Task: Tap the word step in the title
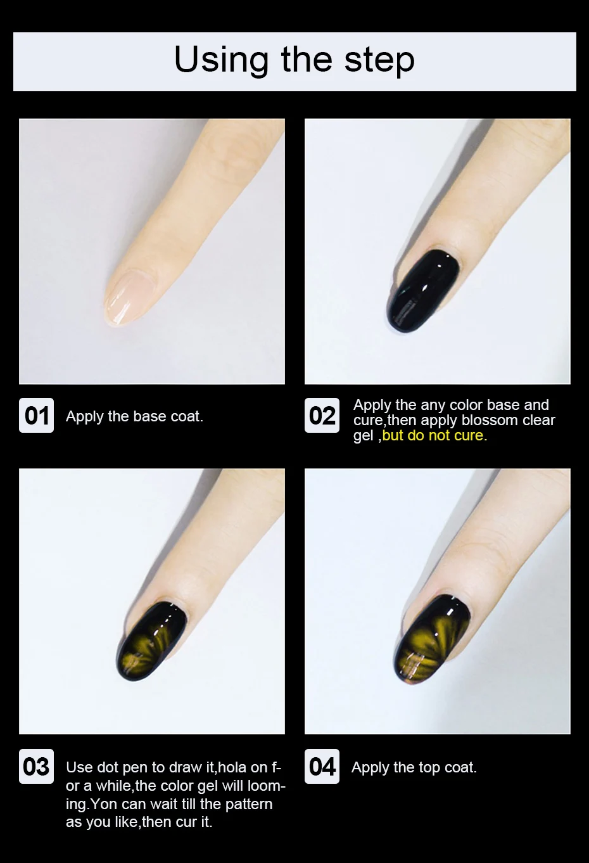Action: [x=379, y=61]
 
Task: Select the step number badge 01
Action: [x=37, y=416]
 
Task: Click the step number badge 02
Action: [x=322, y=416]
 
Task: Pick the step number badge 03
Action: [x=36, y=767]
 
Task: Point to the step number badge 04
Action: [x=322, y=767]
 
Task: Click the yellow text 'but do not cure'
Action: [x=433, y=435]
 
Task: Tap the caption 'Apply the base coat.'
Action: [x=134, y=416]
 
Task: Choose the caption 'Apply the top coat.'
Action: [x=414, y=767]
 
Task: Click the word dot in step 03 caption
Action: [x=109, y=767]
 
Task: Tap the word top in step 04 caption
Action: [x=429, y=768]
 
